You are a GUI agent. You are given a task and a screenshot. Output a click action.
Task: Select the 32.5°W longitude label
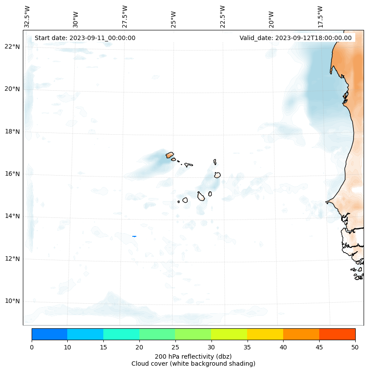pyautogui.click(x=27, y=16)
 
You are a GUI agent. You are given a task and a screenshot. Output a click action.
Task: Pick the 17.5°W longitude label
pyautogui.click(x=320, y=16)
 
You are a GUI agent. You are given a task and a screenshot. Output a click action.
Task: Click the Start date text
pyautogui.click(x=85, y=38)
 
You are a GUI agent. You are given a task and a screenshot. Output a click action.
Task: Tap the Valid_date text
pyautogui.click(x=295, y=38)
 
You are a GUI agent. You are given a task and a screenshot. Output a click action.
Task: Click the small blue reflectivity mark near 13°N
pyautogui.click(x=134, y=236)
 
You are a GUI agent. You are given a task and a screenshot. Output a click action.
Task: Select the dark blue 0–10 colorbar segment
pyautogui.click(x=49, y=334)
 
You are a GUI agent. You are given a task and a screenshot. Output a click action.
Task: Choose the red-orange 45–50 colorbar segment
pyautogui.click(x=337, y=334)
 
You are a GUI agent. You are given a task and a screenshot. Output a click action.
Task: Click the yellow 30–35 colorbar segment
pyautogui.click(x=229, y=334)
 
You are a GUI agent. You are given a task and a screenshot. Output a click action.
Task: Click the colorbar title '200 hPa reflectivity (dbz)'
pyautogui.click(x=193, y=356)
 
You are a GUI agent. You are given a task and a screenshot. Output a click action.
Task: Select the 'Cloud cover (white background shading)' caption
pyautogui.click(x=193, y=364)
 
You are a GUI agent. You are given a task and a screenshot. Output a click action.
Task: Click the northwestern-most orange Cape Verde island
pyautogui.click(x=170, y=155)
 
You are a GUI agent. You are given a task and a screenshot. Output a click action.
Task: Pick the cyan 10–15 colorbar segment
pyautogui.click(x=85, y=334)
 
